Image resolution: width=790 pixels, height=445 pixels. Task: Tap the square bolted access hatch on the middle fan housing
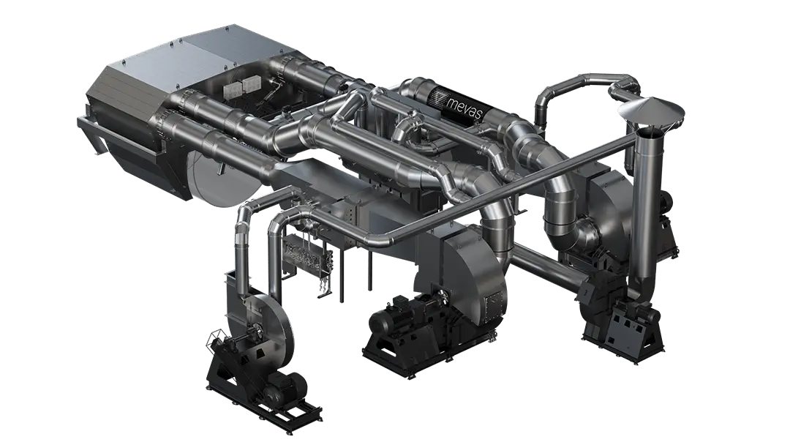(x=493, y=306)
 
